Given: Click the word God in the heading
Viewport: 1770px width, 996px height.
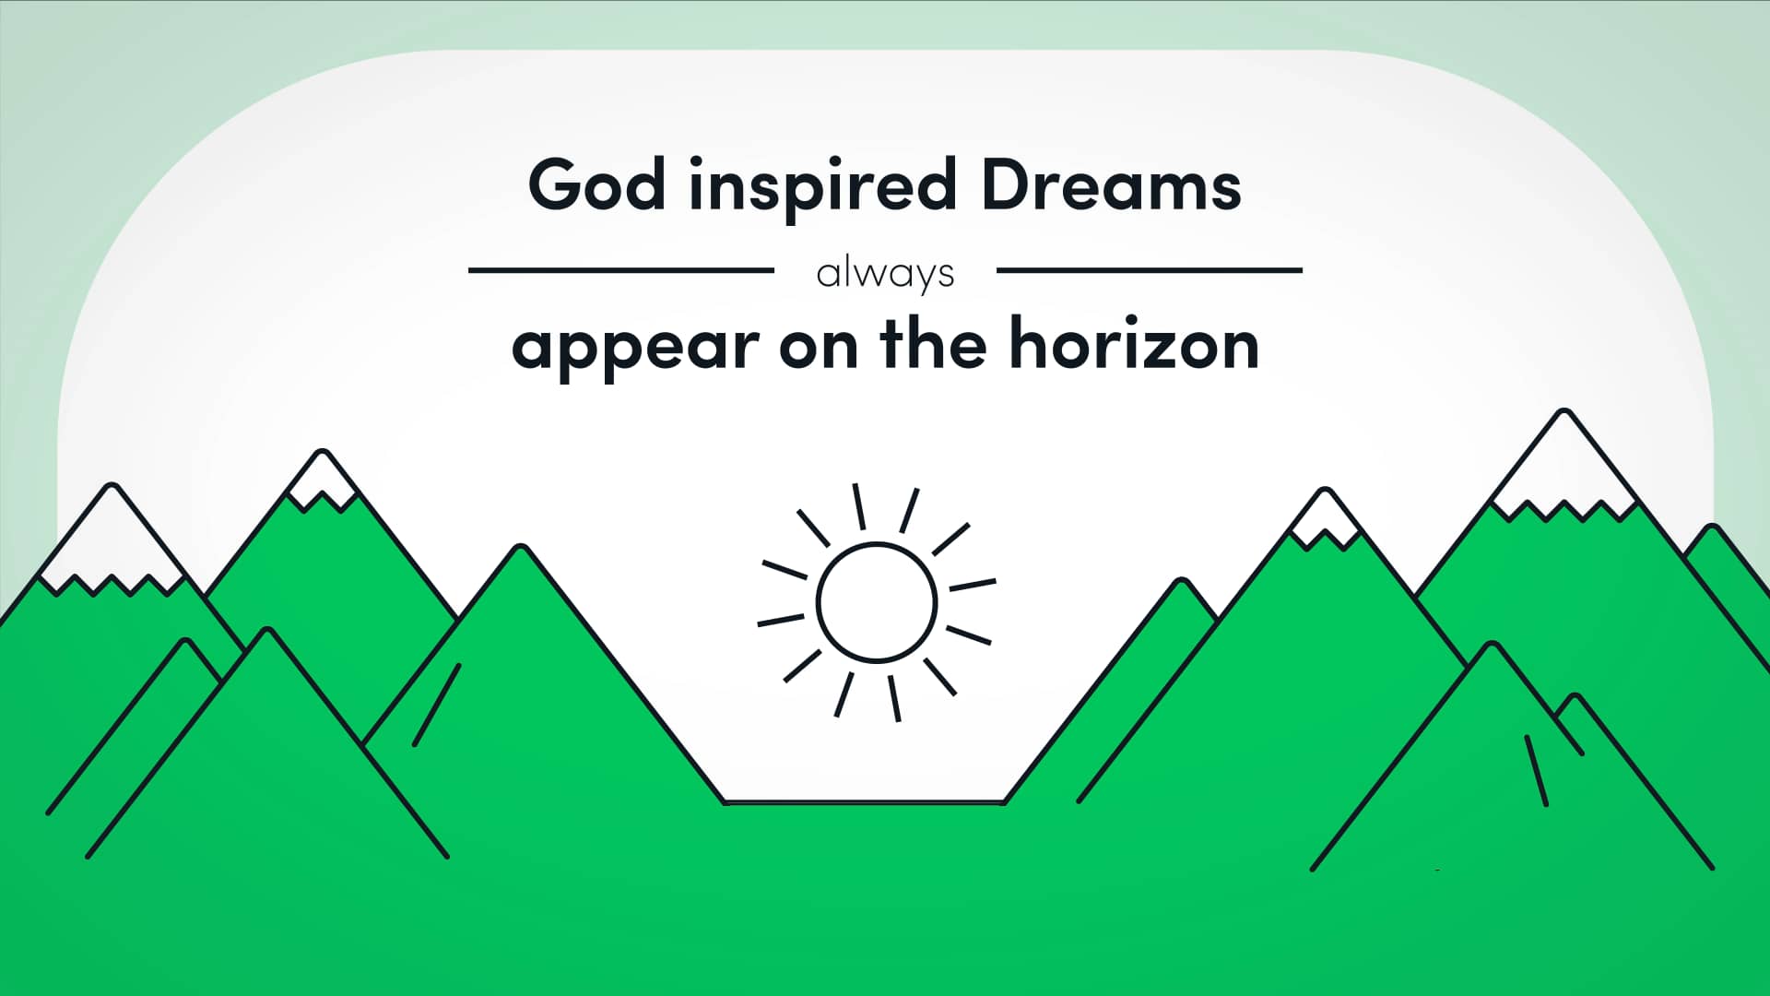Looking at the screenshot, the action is coord(596,184).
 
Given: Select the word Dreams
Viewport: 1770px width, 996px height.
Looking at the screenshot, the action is coord(1112,184).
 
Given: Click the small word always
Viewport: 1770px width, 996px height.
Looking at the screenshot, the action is coord(885,274).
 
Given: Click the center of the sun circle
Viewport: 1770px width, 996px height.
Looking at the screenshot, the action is coord(877,602).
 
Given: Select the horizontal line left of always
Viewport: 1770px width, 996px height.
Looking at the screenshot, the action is coord(621,270).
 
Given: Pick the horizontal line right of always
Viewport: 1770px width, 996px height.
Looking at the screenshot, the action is coord(1150,270).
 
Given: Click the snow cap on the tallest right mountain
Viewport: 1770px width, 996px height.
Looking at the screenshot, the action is coord(1563,470).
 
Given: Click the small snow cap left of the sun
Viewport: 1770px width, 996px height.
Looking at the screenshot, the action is coord(323,480).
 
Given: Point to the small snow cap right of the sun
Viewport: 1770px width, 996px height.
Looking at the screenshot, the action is coord(1325,518).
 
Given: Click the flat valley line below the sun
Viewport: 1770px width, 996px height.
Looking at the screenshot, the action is coord(864,802).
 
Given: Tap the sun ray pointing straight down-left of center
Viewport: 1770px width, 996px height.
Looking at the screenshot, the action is coord(844,694).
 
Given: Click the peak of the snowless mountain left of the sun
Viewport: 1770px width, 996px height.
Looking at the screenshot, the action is coord(522,548).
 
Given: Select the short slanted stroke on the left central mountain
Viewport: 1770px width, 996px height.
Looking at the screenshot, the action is coord(437,705).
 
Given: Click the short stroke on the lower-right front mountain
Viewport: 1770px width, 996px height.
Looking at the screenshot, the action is coord(1537,770).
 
